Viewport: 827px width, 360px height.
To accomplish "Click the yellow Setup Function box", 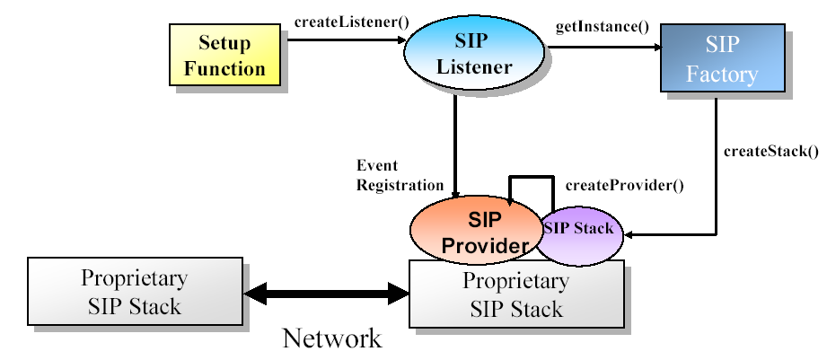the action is [x=224, y=54].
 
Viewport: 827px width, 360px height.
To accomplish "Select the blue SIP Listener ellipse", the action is [x=473, y=53].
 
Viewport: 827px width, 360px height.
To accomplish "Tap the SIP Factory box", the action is [x=723, y=58].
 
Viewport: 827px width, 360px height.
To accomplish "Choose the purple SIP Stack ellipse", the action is [x=580, y=234].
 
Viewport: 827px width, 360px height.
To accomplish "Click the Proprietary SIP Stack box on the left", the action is [x=135, y=291].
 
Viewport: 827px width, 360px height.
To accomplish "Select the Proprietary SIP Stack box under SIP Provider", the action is [x=516, y=294].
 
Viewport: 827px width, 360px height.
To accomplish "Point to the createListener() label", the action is [x=351, y=22].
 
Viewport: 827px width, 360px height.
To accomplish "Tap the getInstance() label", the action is [x=603, y=27].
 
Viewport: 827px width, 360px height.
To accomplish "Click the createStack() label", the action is [x=771, y=152].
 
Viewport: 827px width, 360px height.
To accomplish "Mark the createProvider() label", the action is [x=624, y=186].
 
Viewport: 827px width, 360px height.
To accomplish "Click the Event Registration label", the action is [x=400, y=176].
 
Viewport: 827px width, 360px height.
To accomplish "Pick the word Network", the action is [x=331, y=338].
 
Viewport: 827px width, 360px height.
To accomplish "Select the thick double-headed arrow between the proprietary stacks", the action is [x=327, y=293].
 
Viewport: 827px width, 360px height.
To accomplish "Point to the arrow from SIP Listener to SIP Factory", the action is [x=604, y=48].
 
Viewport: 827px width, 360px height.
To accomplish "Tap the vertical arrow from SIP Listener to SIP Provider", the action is [x=454, y=145].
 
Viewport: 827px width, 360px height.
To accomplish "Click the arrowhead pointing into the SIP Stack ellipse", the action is [x=627, y=234].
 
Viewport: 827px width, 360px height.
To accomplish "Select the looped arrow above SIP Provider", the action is [x=531, y=178].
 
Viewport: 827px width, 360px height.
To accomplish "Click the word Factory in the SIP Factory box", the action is [x=722, y=75].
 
